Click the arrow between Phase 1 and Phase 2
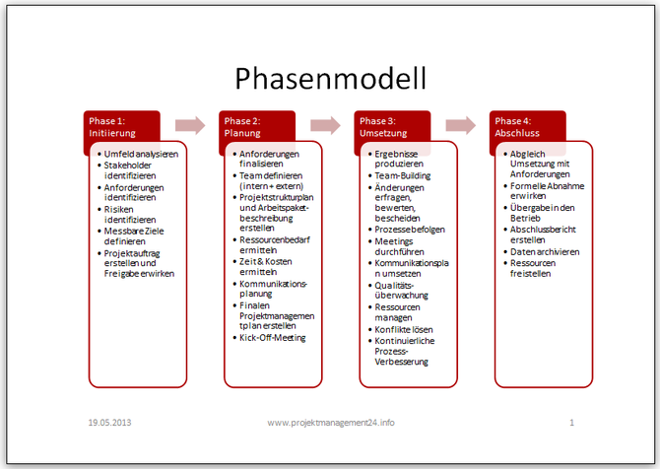click(190, 125)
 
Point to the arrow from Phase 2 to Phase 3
click(325, 125)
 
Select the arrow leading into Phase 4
click(460, 125)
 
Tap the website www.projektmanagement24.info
click(330, 422)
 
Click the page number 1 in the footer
click(571, 422)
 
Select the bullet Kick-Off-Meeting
click(273, 337)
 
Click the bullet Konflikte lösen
click(404, 328)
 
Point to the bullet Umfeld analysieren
click(140, 154)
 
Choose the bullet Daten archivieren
click(544, 251)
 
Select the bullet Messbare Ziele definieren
click(137, 236)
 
